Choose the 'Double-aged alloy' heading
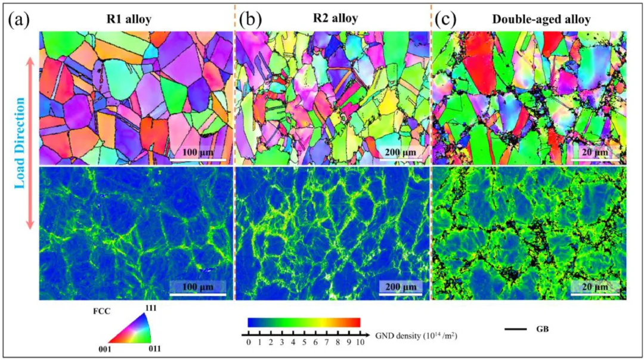pyautogui.click(x=541, y=19)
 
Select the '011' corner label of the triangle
pyautogui.click(x=154, y=348)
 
